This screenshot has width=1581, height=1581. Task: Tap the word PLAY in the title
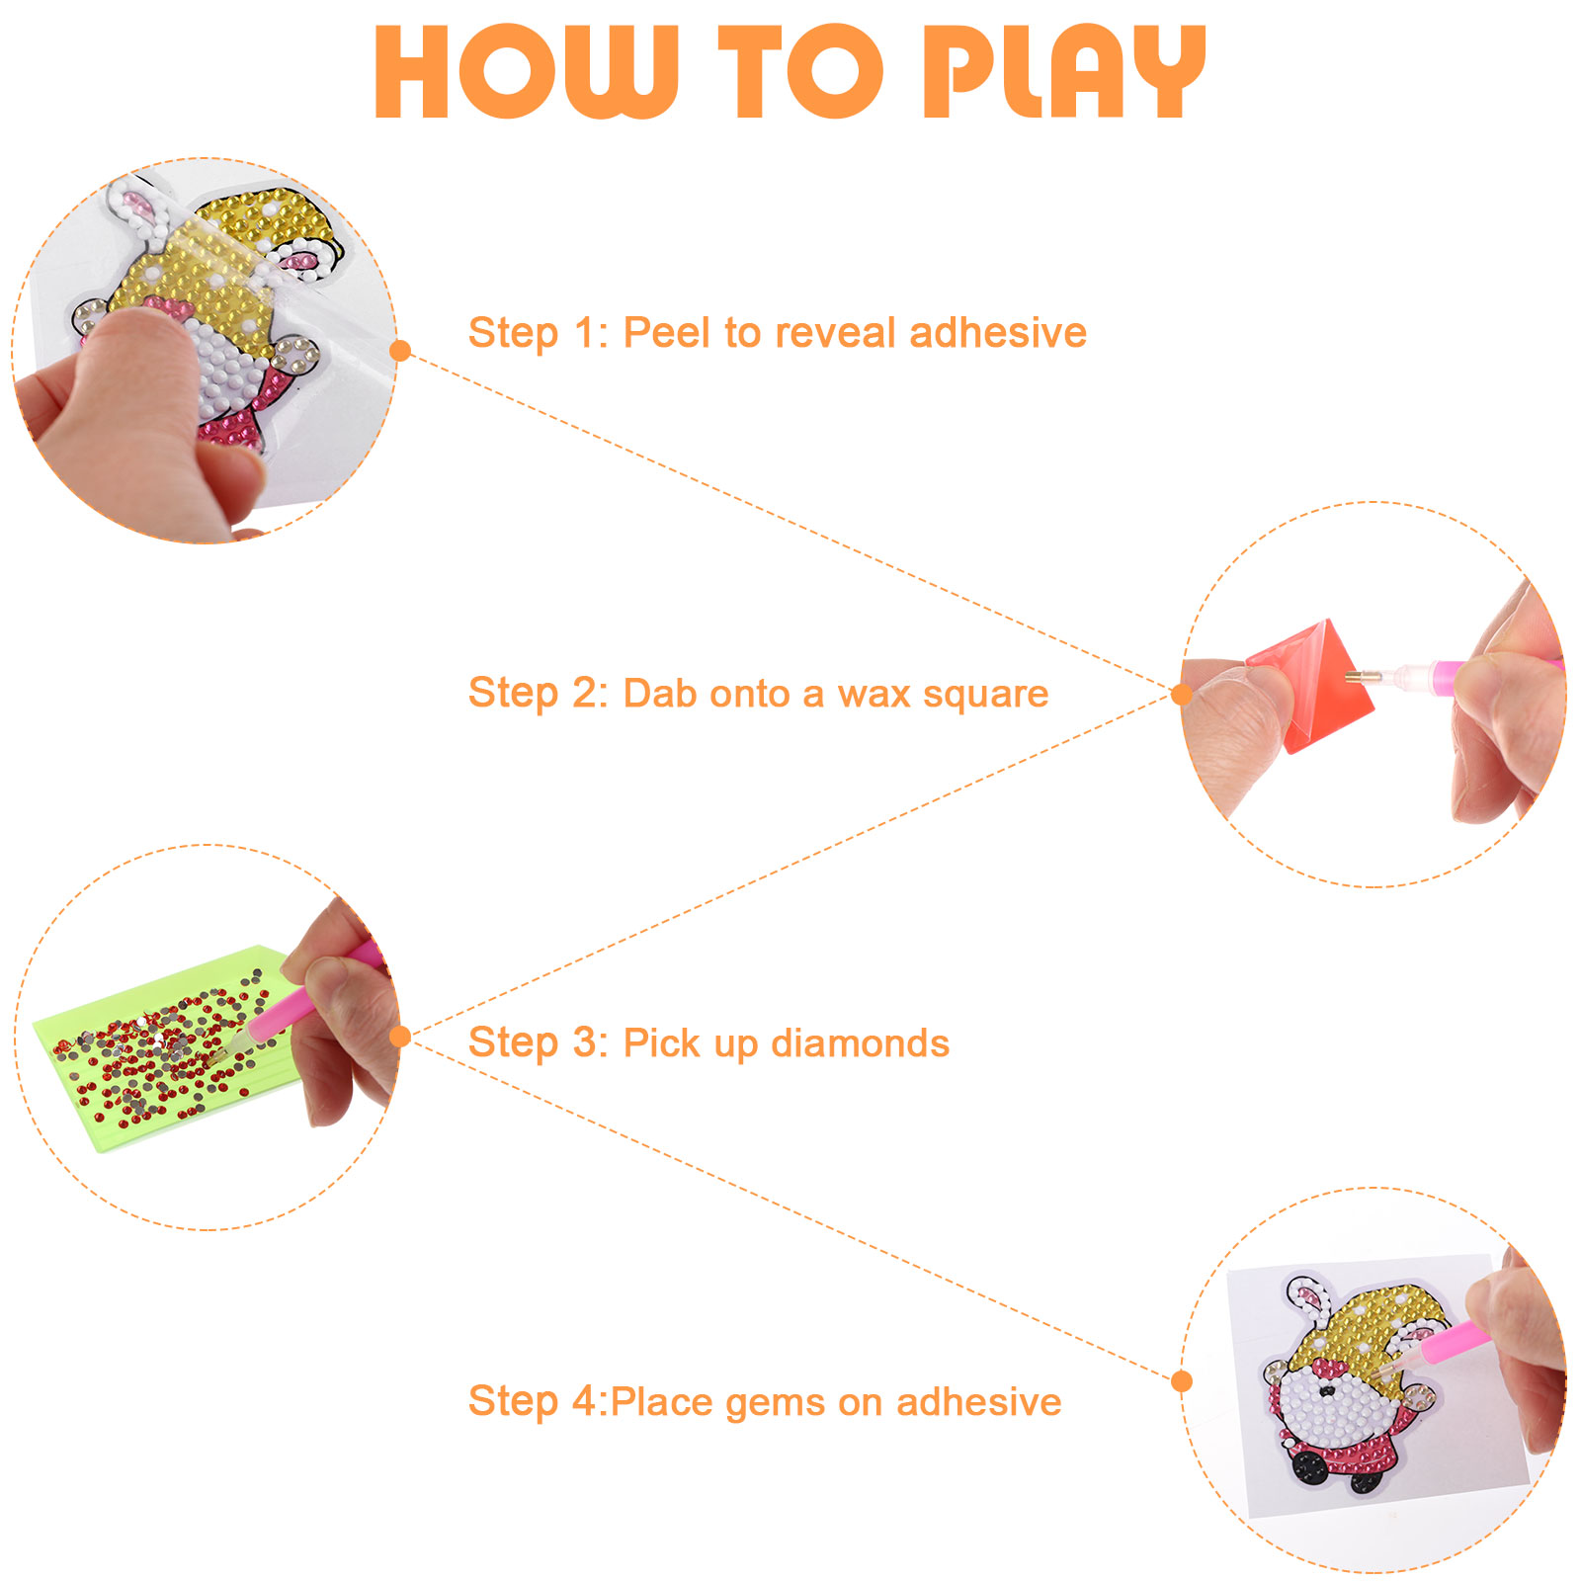[x=1064, y=72]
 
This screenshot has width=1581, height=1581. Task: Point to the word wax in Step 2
[x=874, y=695]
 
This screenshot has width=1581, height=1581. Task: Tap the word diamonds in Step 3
[x=860, y=1043]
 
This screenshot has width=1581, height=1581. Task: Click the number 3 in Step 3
[x=586, y=1043]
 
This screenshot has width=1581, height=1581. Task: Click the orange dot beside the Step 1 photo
[x=400, y=350]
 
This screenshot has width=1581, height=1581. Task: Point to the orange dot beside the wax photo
[x=1181, y=694]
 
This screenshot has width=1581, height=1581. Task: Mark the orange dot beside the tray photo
[x=400, y=1036]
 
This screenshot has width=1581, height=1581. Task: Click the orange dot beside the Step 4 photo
[x=1181, y=1380]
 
